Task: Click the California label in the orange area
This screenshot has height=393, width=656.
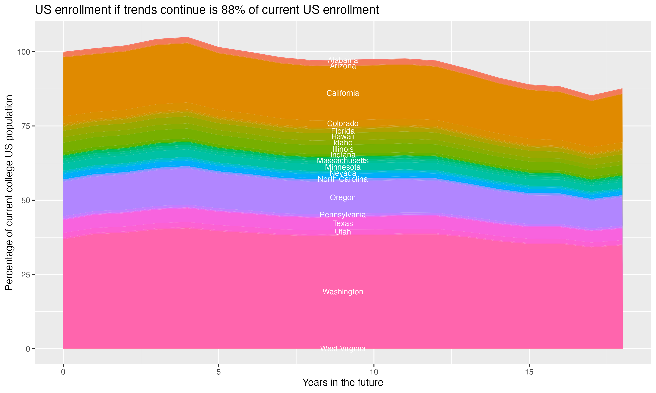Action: pos(343,93)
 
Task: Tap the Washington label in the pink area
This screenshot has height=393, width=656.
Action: pos(343,292)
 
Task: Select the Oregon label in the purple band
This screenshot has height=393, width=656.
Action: pos(343,198)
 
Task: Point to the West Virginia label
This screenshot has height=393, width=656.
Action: pos(343,348)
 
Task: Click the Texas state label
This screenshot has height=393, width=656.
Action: pos(343,224)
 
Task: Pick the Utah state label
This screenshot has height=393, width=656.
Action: pos(343,232)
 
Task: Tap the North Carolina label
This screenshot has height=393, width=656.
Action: pos(343,179)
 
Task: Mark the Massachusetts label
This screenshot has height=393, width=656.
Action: pos(343,161)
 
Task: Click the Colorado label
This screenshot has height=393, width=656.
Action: pos(343,124)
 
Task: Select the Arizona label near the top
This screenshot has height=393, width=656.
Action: pos(343,66)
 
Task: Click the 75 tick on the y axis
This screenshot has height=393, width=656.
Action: pos(25,126)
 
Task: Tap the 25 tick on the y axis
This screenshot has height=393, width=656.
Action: pos(25,275)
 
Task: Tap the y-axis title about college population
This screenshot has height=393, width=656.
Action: pos(9,193)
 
